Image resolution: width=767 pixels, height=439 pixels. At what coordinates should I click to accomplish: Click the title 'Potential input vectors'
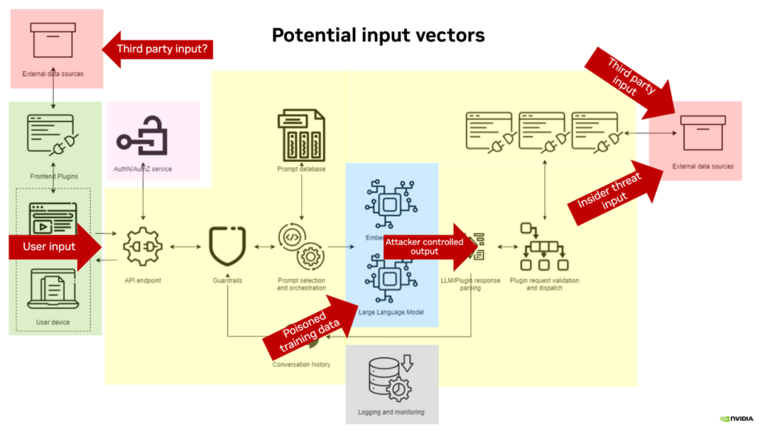(378, 35)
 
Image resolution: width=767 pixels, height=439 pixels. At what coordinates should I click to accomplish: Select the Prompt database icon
(302, 134)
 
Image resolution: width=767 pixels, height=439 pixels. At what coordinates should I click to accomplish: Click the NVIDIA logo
(736, 419)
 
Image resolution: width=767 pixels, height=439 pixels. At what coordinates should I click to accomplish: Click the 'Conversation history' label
(302, 364)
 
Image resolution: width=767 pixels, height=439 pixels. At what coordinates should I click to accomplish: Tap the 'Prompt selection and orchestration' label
(302, 284)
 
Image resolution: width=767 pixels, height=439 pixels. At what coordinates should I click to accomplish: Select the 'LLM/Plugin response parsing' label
(471, 284)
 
